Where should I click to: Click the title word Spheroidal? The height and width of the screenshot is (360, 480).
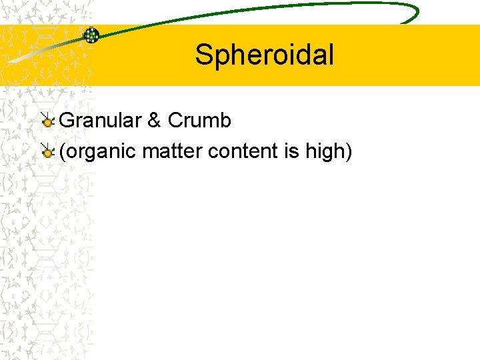click(x=264, y=55)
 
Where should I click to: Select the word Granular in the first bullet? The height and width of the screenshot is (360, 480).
click(x=101, y=121)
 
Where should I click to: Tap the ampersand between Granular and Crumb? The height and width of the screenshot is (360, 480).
click(x=154, y=121)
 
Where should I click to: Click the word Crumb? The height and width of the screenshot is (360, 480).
click(x=199, y=121)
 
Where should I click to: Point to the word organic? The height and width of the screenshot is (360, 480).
click(x=100, y=152)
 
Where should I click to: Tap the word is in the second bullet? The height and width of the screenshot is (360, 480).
click(x=291, y=152)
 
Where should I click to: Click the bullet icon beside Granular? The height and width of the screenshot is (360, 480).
click(x=47, y=121)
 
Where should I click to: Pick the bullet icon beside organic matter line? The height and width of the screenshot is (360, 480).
click(x=47, y=153)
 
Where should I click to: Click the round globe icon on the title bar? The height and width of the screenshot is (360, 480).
click(x=91, y=35)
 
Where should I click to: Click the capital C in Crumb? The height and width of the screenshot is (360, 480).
click(x=175, y=121)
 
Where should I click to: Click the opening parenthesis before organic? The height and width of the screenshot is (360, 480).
click(x=62, y=152)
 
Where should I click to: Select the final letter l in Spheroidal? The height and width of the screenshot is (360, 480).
click(x=330, y=55)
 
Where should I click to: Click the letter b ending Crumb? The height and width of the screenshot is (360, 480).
click(x=225, y=121)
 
